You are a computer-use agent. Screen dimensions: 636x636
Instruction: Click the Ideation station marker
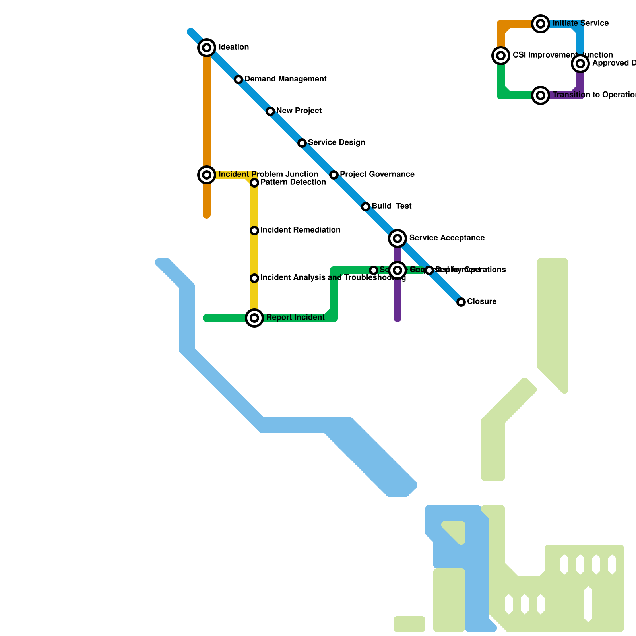point(207,48)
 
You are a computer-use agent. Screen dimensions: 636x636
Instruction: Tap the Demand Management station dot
point(238,79)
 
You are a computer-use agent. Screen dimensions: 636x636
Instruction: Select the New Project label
point(299,111)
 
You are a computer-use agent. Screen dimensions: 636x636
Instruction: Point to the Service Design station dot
point(302,143)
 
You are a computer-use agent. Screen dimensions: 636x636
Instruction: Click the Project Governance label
point(377,175)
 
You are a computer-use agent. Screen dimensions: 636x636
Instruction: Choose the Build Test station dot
point(366,207)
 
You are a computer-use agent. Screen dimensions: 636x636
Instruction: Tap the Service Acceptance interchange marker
point(397,238)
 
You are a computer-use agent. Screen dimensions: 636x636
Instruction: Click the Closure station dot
point(461,302)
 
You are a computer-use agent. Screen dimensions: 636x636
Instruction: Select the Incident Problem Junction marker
point(207,175)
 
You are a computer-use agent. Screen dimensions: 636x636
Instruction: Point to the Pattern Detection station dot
point(254,183)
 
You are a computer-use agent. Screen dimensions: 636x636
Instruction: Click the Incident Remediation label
point(300,230)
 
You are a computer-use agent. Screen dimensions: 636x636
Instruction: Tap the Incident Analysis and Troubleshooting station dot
point(254,278)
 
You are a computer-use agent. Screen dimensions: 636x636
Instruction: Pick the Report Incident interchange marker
point(254,318)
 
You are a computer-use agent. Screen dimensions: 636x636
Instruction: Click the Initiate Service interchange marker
point(541,24)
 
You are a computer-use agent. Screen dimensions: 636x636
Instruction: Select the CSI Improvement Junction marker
point(501,56)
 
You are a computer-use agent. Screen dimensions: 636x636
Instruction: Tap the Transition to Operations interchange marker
point(541,95)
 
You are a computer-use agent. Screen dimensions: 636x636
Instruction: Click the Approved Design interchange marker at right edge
point(580,64)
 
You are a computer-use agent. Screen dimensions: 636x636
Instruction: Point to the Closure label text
point(482,302)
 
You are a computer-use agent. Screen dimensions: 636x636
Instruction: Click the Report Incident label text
point(295,318)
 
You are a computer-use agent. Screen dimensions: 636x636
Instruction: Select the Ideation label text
point(234,47)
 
